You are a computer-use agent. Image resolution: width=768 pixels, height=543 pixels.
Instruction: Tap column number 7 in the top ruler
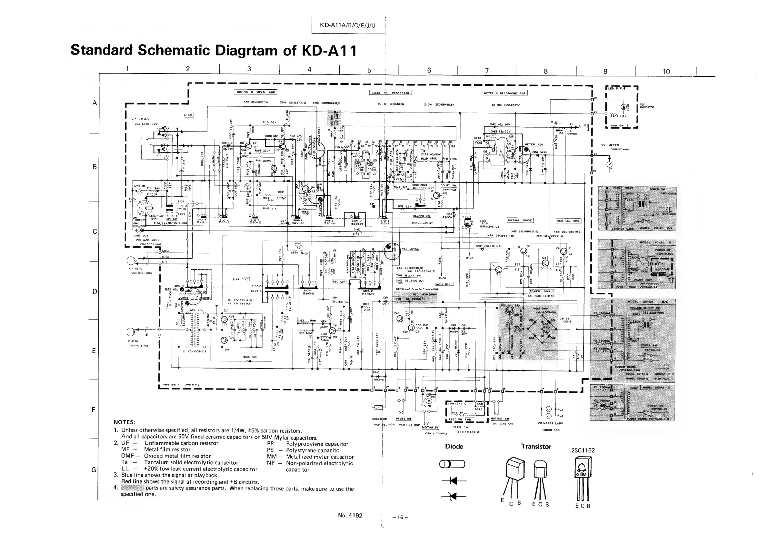(487, 70)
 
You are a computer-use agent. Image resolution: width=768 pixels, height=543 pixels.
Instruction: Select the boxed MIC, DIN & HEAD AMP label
(255, 92)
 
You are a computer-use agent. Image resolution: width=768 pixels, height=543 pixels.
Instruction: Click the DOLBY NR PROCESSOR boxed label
(390, 93)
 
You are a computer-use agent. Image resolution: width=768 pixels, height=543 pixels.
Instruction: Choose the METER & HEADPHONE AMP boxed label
(505, 93)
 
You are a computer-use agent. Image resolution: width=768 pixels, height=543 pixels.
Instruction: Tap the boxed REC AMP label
(339, 281)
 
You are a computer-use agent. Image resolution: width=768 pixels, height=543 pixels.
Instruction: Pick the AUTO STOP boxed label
(444, 284)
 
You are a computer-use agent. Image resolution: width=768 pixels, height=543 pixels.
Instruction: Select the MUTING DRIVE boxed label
(520, 220)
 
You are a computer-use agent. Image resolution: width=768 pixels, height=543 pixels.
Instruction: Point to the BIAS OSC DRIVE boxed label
(569, 221)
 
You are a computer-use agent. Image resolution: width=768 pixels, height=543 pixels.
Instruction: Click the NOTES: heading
(124, 422)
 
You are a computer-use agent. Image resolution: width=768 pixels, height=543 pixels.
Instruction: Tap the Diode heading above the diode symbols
(454, 446)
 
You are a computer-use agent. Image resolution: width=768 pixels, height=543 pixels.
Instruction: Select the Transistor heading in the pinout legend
(536, 446)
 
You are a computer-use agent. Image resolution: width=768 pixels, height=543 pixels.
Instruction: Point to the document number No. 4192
(350, 515)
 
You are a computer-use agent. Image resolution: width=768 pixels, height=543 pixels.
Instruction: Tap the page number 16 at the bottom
(400, 517)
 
